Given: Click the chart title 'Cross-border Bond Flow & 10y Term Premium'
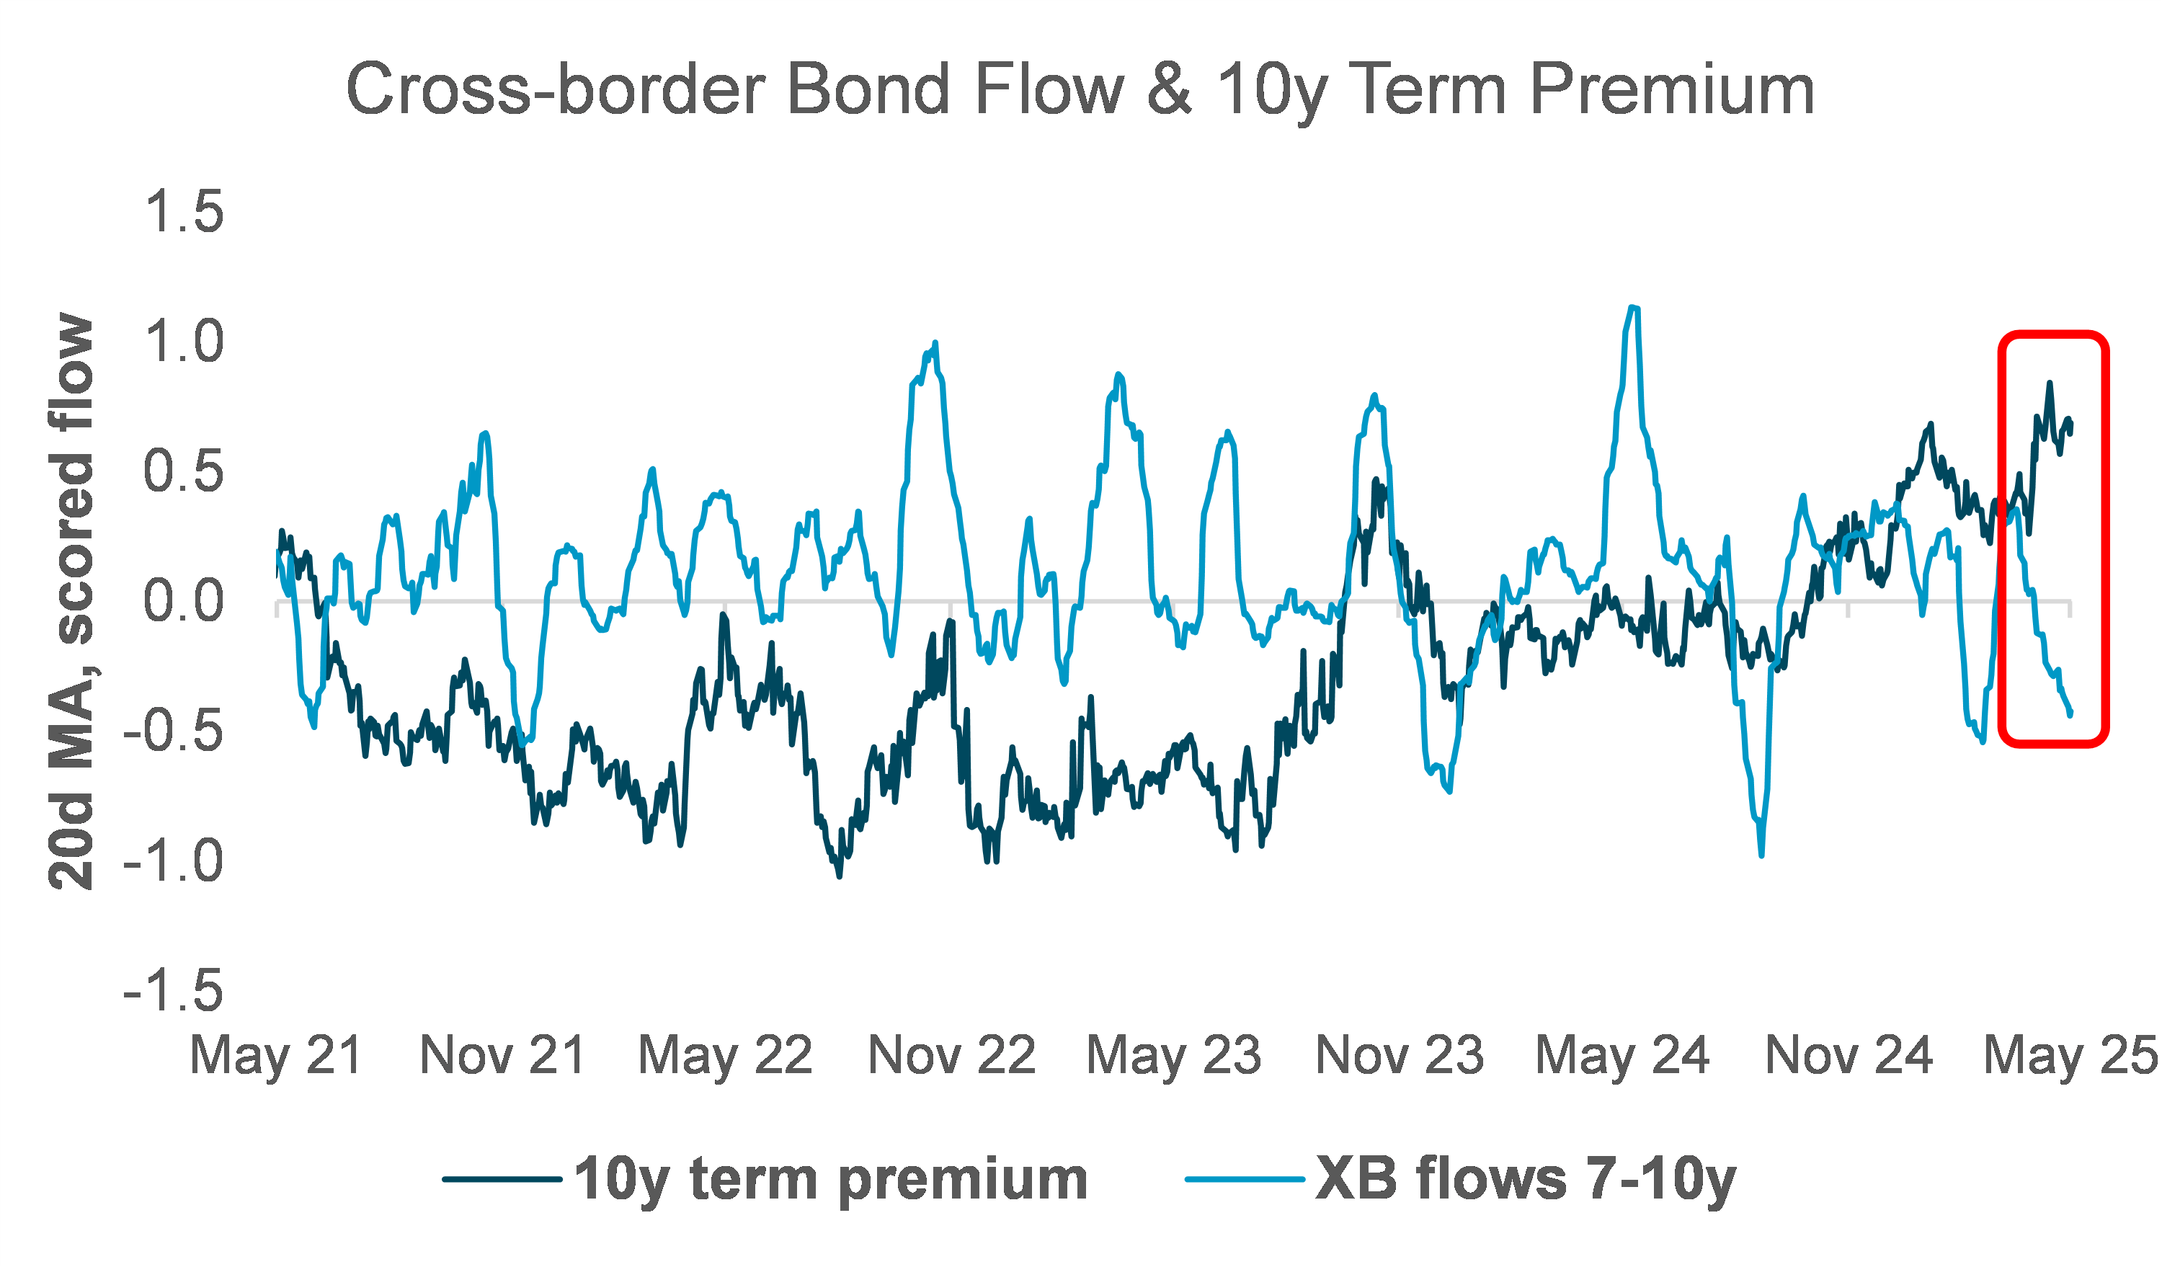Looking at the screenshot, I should point(1080,89).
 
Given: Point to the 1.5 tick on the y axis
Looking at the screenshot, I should point(184,212).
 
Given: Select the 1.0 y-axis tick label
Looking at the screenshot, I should point(184,342).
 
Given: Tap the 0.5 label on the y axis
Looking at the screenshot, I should point(184,472).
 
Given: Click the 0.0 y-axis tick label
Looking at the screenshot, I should point(184,601).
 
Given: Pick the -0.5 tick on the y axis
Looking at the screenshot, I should point(173,732).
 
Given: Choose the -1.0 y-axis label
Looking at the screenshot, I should point(173,861).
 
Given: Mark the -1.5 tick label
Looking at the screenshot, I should point(173,992).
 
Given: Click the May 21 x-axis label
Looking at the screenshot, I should point(276,1055).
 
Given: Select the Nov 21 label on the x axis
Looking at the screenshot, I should point(502,1055).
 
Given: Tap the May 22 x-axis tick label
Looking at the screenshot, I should point(726,1055).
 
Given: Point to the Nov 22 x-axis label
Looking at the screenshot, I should point(951,1055).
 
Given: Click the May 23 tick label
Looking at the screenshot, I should point(1175,1055).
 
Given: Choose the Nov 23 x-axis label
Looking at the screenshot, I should point(1400,1055).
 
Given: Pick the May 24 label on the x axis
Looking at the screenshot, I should point(1623,1055).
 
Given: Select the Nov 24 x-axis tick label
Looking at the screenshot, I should point(1849,1055).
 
